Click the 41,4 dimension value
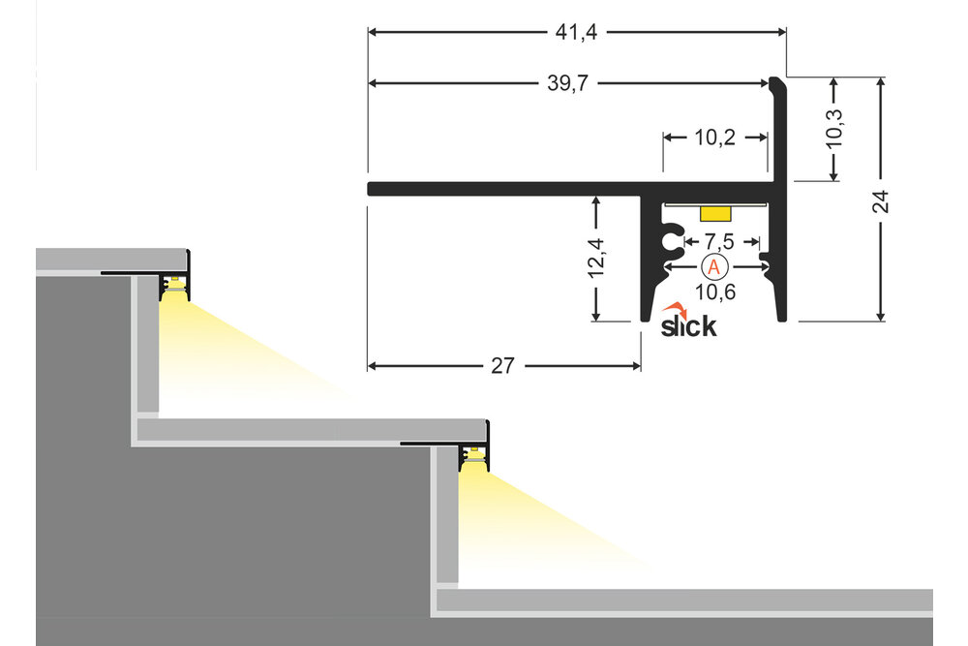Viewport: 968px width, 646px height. [x=578, y=32]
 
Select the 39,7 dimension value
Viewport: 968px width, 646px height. [x=569, y=83]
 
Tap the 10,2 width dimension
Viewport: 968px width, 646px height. [x=715, y=138]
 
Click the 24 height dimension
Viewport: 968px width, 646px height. [x=880, y=201]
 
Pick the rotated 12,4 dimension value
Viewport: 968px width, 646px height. [x=596, y=258]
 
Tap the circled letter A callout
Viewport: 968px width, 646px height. [x=712, y=266]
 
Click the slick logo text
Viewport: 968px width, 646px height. [x=689, y=326]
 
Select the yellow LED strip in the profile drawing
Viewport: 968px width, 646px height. [x=714, y=212]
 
